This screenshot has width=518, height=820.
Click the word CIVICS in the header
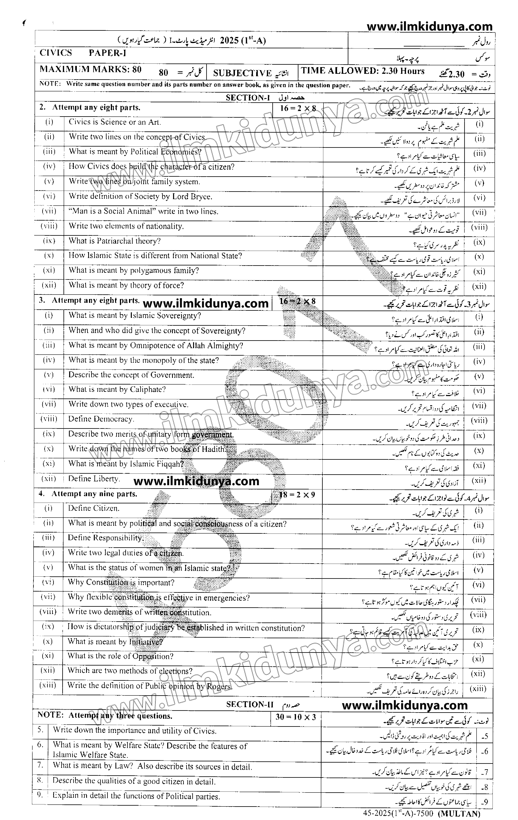pos(56,53)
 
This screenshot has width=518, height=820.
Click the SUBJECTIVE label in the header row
pos(242,73)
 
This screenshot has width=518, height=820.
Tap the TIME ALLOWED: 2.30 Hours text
pos(363,71)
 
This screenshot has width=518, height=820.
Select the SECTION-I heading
pos(248,98)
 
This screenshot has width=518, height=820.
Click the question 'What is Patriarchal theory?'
pos(114,241)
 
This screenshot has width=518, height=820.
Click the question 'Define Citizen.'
pos(94,508)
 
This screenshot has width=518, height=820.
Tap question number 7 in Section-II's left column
pos(40,765)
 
